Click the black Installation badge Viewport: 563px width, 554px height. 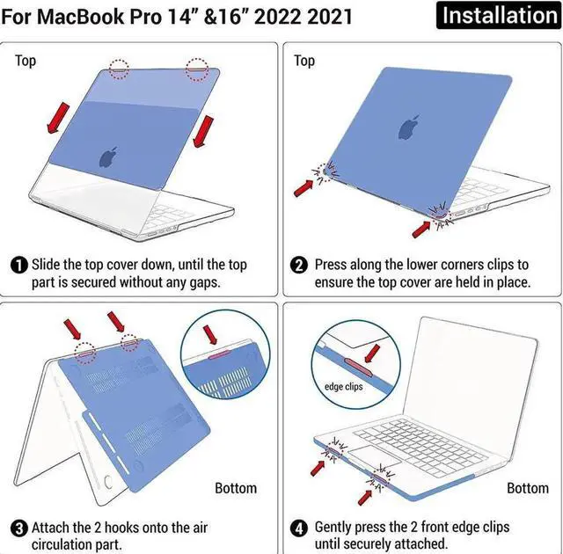point(499,15)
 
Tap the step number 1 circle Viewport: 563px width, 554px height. point(18,265)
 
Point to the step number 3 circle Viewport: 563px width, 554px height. point(18,528)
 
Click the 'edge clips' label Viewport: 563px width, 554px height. point(343,386)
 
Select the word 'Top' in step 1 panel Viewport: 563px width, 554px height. point(26,61)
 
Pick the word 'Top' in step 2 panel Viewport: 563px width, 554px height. point(304,61)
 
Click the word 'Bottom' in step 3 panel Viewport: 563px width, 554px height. point(236,487)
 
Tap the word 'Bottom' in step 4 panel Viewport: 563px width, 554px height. point(528,487)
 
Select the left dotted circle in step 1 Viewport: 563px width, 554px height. point(119,68)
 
